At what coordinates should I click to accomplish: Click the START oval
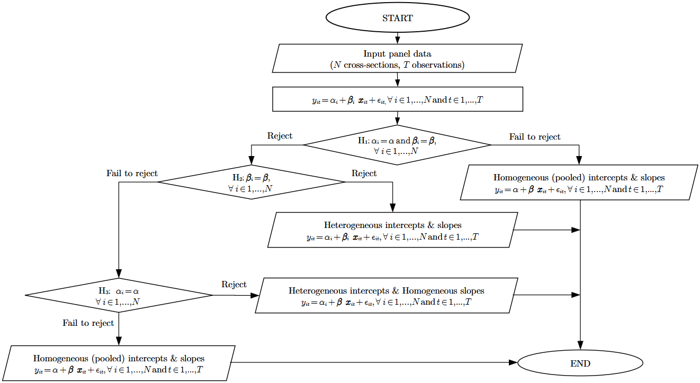point(397,18)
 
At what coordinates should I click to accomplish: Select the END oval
point(580,363)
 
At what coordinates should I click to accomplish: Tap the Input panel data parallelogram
point(397,59)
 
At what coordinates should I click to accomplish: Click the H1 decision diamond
point(397,145)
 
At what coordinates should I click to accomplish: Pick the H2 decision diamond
point(251,182)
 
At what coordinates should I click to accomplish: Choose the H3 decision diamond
point(119,295)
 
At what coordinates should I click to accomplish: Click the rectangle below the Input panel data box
point(397,99)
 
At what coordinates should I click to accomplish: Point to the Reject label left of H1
point(280,136)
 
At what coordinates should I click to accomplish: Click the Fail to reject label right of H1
point(534,137)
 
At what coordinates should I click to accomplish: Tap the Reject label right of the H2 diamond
point(364,174)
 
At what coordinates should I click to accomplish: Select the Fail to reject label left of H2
point(132,174)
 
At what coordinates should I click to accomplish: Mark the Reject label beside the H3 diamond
point(234,285)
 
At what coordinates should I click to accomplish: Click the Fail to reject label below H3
point(88,323)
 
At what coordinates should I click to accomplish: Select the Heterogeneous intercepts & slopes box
point(392,230)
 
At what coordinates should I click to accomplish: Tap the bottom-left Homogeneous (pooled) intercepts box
point(119,363)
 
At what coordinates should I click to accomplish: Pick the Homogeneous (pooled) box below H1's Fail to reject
point(579,183)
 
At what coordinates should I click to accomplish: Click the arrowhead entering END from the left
point(513,363)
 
